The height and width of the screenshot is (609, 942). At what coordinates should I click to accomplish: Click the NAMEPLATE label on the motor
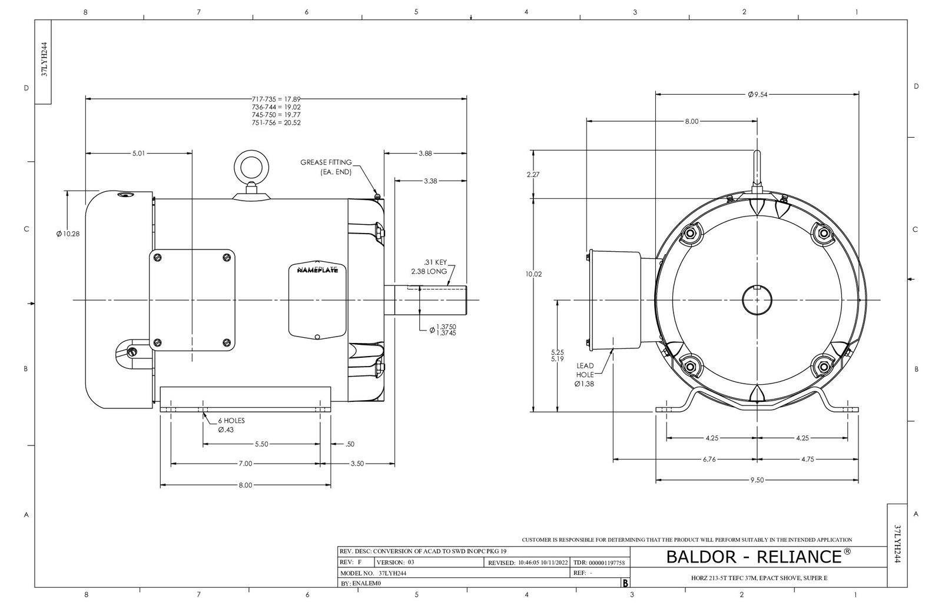(317, 270)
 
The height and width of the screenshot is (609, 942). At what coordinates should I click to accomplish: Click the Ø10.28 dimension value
(68, 234)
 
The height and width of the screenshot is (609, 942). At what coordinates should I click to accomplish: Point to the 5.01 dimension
(139, 153)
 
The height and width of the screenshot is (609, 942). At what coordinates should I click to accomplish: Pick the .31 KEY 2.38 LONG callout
(429, 267)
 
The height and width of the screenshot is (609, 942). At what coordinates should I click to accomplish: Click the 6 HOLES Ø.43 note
(231, 425)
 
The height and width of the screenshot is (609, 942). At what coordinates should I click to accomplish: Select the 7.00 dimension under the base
(245, 464)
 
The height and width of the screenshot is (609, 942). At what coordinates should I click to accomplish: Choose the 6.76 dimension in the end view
(709, 460)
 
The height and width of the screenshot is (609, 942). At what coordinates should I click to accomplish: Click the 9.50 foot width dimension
(757, 480)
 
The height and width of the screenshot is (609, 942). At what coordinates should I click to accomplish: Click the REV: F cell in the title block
(351, 563)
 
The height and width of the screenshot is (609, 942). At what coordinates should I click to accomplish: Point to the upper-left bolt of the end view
(691, 234)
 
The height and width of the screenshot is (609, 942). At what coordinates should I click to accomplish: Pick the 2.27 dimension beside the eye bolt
(533, 174)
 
